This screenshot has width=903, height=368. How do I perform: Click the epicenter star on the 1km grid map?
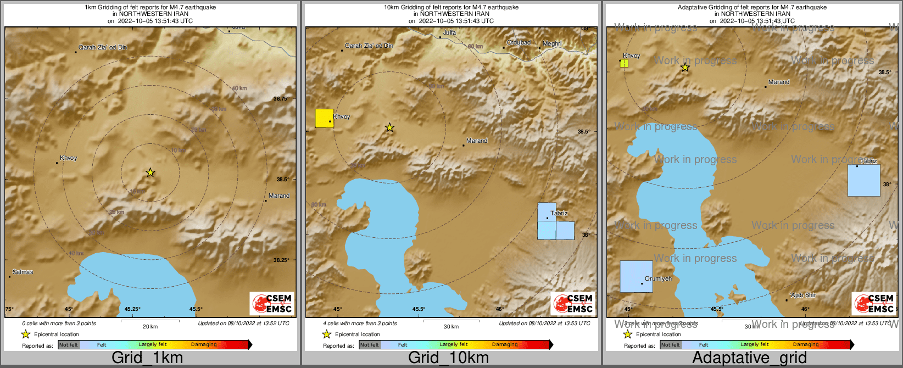(150, 172)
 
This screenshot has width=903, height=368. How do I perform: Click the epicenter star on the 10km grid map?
(389, 127)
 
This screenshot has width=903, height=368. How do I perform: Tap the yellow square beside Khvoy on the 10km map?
(324, 119)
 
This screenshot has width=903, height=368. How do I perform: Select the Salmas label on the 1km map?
(23, 272)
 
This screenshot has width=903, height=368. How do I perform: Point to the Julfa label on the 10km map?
(449, 33)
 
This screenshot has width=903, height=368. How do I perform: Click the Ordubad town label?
(519, 42)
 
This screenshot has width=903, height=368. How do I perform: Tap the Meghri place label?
(552, 43)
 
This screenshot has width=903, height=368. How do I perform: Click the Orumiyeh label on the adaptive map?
(658, 278)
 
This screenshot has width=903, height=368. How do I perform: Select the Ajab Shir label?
(803, 295)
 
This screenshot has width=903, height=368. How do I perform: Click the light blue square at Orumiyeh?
(636, 276)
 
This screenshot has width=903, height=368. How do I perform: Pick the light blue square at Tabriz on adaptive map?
(863, 180)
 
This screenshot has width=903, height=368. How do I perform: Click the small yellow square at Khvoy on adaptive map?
(624, 63)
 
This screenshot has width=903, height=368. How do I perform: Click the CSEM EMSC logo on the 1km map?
(271, 303)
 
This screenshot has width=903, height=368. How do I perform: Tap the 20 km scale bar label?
(150, 326)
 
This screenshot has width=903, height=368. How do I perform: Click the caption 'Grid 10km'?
(448, 358)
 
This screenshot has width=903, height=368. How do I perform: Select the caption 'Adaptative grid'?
(749, 358)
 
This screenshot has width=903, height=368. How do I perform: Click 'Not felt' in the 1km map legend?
(69, 345)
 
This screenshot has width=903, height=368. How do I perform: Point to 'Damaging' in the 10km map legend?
(505, 344)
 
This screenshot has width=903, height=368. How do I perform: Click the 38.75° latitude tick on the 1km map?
(281, 99)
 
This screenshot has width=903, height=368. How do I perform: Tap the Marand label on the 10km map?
(477, 141)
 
